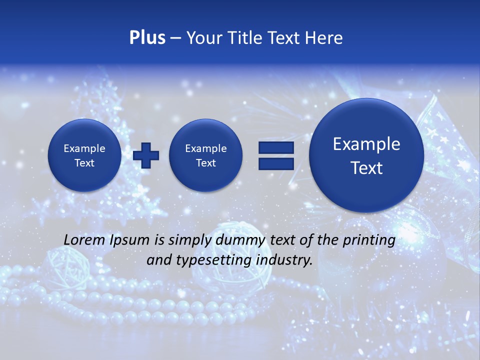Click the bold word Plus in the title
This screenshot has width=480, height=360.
pos(147,38)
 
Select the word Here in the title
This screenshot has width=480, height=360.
pos(324,38)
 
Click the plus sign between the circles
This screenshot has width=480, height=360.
pos(146,155)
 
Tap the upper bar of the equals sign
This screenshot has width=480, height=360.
pos(276,148)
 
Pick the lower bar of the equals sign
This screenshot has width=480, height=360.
pos(276,163)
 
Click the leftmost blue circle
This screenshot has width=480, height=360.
pos(84,155)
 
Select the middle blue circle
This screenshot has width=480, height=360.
pos(206,155)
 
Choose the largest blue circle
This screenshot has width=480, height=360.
pos(366,155)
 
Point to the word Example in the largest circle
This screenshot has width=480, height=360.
pos(366,144)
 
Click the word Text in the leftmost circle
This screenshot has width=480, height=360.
pos(84,163)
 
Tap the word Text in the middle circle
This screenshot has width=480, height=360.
pos(206,163)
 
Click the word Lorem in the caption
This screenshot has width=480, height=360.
pos(82,240)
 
